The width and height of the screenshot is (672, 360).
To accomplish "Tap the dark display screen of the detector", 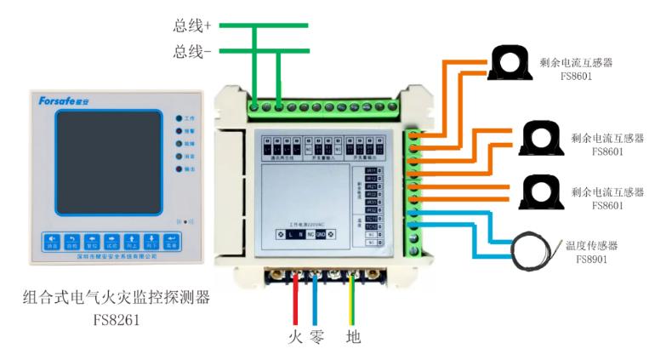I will point(108,162).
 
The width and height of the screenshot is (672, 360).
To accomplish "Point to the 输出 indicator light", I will point(178,170).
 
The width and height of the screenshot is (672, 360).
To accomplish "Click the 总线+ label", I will point(192,26).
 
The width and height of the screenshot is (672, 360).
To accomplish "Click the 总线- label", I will point(192,52).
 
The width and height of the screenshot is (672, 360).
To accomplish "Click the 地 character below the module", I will point(353,337).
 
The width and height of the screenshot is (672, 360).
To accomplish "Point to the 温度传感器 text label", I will point(591,245).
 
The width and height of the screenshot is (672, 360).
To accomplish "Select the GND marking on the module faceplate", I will point(320,233).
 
